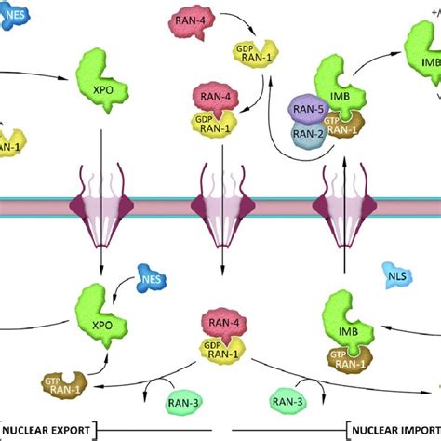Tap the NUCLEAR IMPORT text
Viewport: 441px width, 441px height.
[x=391, y=429]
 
